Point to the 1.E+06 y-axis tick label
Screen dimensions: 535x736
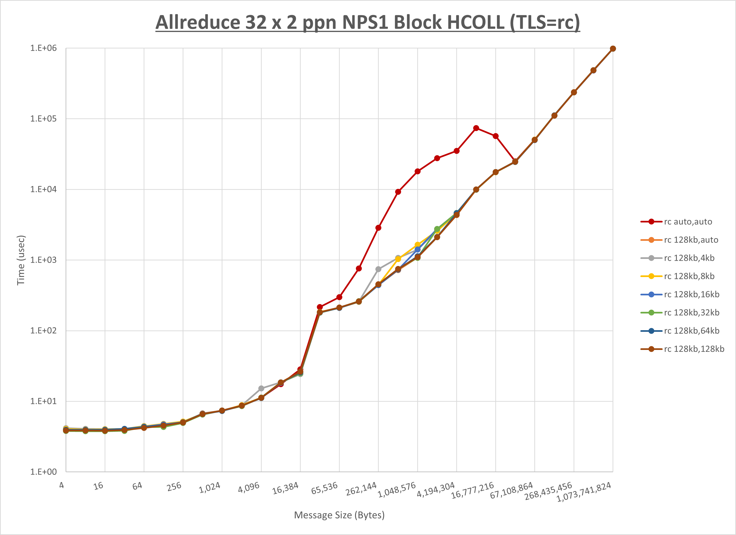43,48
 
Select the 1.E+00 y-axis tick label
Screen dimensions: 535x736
43,472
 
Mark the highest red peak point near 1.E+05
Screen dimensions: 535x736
476,128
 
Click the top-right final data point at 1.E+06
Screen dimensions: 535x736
613,49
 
